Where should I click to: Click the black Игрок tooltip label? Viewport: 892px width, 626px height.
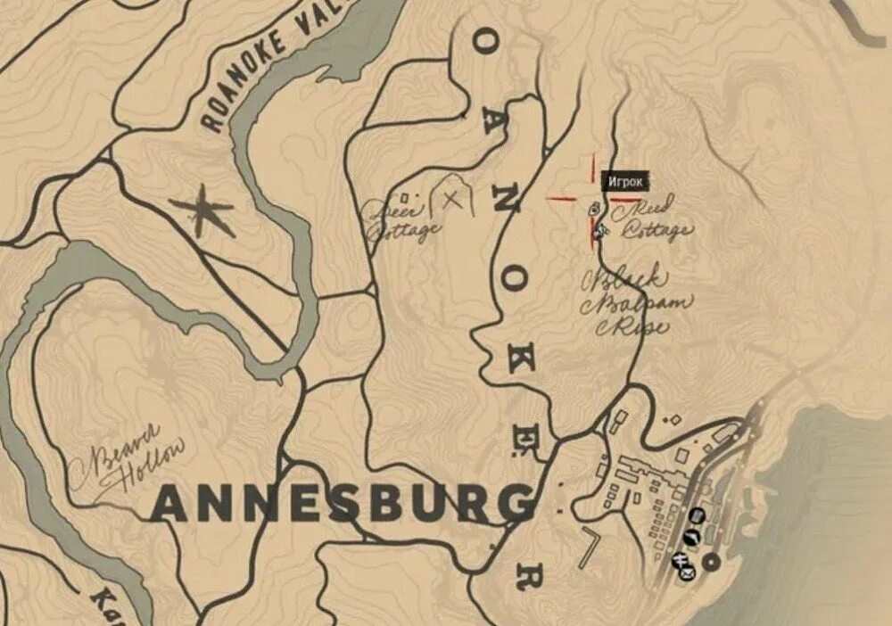tap(624, 182)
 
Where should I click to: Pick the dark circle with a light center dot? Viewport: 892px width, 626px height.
tap(711, 562)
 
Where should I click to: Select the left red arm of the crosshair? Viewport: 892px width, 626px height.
tap(560, 199)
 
